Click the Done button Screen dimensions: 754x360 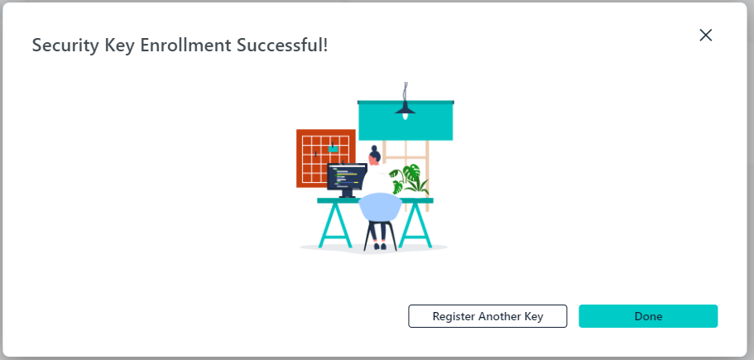(648, 316)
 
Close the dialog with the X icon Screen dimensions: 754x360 (705, 35)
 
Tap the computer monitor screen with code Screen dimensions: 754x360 (347, 176)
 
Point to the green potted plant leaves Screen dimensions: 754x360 (409, 180)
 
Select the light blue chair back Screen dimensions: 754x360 (380, 207)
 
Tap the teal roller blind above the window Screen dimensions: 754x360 (406, 120)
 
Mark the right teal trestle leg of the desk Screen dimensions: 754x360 (415, 225)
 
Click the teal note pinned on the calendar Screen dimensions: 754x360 (333, 149)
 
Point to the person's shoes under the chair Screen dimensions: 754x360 (379, 246)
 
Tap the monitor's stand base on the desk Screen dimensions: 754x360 (347, 195)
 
